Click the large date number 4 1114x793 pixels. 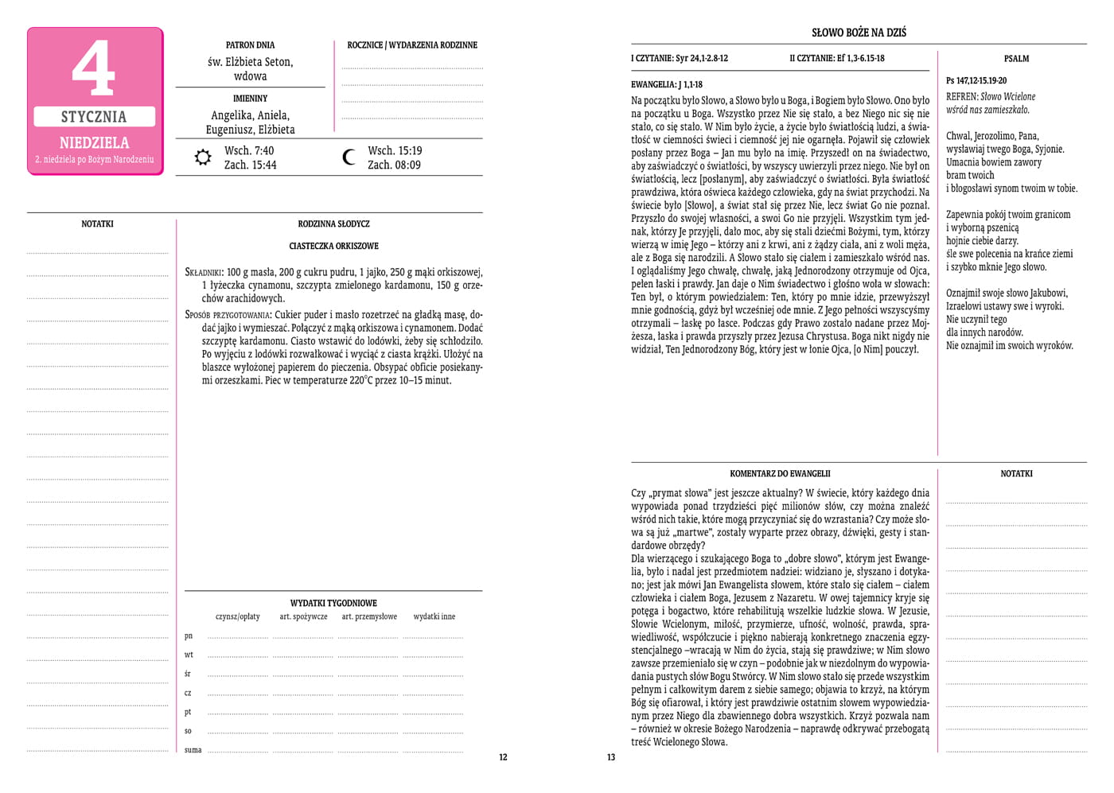[94, 68]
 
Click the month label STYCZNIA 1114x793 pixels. [94, 117]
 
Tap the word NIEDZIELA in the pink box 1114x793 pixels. [94, 143]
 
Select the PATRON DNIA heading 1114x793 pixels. [250, 45]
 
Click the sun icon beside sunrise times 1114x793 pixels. [204, 157]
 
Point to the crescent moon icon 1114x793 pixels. [349, 157]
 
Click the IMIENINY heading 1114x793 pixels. [250, 99]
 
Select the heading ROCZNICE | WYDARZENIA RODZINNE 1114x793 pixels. [412, 45]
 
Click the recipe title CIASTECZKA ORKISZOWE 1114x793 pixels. [333, 247]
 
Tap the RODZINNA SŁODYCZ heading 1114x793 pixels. [333, 224]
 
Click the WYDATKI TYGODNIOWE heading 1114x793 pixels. [333, 604]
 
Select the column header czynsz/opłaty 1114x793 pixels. [237, 616]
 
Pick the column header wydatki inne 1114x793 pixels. [434, 616]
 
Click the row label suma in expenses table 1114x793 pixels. [193, 750]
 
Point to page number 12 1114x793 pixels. [503, 757]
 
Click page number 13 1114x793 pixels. [611, 757]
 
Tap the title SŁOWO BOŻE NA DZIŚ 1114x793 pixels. [859, 33]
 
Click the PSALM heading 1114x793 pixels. [1016, 59]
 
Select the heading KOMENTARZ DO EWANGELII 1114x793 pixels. [780, 474]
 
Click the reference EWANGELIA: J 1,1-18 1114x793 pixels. [667, 84]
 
